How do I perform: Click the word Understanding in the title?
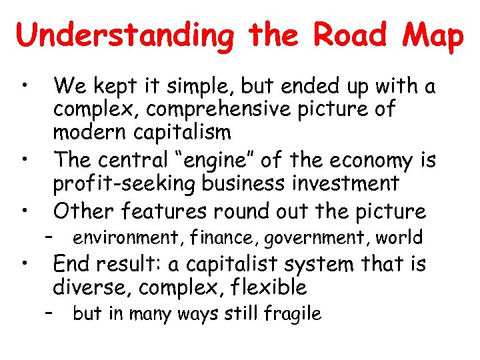(125, 35)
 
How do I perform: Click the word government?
(314, 237)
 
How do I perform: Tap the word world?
(399, 237)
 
